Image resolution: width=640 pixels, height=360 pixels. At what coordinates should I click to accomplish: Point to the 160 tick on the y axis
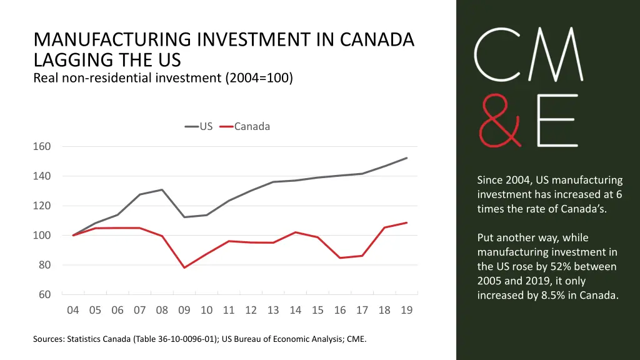coord(42,147)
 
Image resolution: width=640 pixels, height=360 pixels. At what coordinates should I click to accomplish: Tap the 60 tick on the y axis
coord(44,295)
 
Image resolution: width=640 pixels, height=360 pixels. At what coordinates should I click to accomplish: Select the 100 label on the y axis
coord(42,236)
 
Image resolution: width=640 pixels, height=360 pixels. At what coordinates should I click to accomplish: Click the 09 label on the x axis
coord(184,311)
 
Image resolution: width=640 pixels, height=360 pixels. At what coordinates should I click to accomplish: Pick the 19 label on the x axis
coord(407,311)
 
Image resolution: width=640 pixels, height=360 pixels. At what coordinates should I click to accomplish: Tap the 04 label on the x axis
coord(72,311)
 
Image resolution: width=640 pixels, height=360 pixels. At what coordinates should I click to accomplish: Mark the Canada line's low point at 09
coord(184,267)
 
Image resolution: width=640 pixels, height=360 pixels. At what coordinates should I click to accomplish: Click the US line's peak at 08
coord(162,189)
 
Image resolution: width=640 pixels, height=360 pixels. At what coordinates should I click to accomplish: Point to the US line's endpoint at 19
coord(407,158)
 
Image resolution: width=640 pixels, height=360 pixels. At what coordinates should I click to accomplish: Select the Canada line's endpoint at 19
coord(407,222)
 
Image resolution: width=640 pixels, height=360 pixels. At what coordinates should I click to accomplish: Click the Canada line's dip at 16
coord(340,257)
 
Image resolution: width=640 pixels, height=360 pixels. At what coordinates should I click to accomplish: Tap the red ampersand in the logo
coord(496,121)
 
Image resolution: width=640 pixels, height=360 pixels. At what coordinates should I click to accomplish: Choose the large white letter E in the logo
coord(557,121)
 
